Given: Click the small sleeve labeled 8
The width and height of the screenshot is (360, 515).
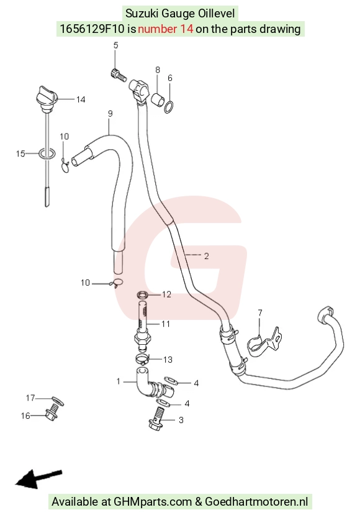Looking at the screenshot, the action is point(157,99).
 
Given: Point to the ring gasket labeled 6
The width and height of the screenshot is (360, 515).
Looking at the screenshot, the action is point(169,107).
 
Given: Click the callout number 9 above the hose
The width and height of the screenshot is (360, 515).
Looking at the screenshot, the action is point(110,114).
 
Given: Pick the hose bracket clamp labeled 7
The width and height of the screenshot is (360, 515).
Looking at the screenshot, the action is point(264,342).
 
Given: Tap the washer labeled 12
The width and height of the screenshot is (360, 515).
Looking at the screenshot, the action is point(142,294).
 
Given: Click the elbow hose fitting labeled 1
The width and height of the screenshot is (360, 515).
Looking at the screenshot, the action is point(154,384).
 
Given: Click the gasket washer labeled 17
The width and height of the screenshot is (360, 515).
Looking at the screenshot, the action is point(58,401).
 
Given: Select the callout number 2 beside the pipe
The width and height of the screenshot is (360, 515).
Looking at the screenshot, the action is point(206,256).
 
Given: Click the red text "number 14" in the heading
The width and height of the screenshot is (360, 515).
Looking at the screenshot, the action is point(165,29).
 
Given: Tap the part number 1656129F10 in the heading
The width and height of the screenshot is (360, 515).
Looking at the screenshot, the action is point(92,29).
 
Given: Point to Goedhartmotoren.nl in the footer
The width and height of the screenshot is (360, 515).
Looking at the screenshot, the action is point(256,501).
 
